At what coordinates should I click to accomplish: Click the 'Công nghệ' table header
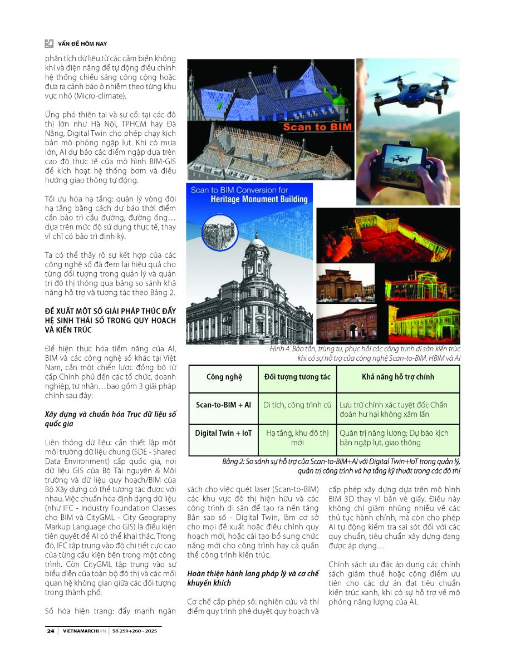[x=224, y=377]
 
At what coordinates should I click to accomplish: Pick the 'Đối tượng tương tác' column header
[x=297, y=377]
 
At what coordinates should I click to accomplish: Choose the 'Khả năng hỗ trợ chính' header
[x=398, y=377]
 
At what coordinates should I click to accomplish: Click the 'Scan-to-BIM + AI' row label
[x=224, y=405]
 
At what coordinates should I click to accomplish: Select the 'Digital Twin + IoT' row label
[x=224, y=433]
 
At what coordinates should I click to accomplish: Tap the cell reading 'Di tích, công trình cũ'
[x=297, y=405]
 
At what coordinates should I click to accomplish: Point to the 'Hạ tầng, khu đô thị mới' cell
[x=297, y=438]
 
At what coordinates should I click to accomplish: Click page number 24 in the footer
[x=51, y=631]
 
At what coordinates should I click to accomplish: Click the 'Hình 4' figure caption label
[x=280, y=348]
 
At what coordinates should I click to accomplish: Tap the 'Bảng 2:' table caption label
[x=234, y=461]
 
